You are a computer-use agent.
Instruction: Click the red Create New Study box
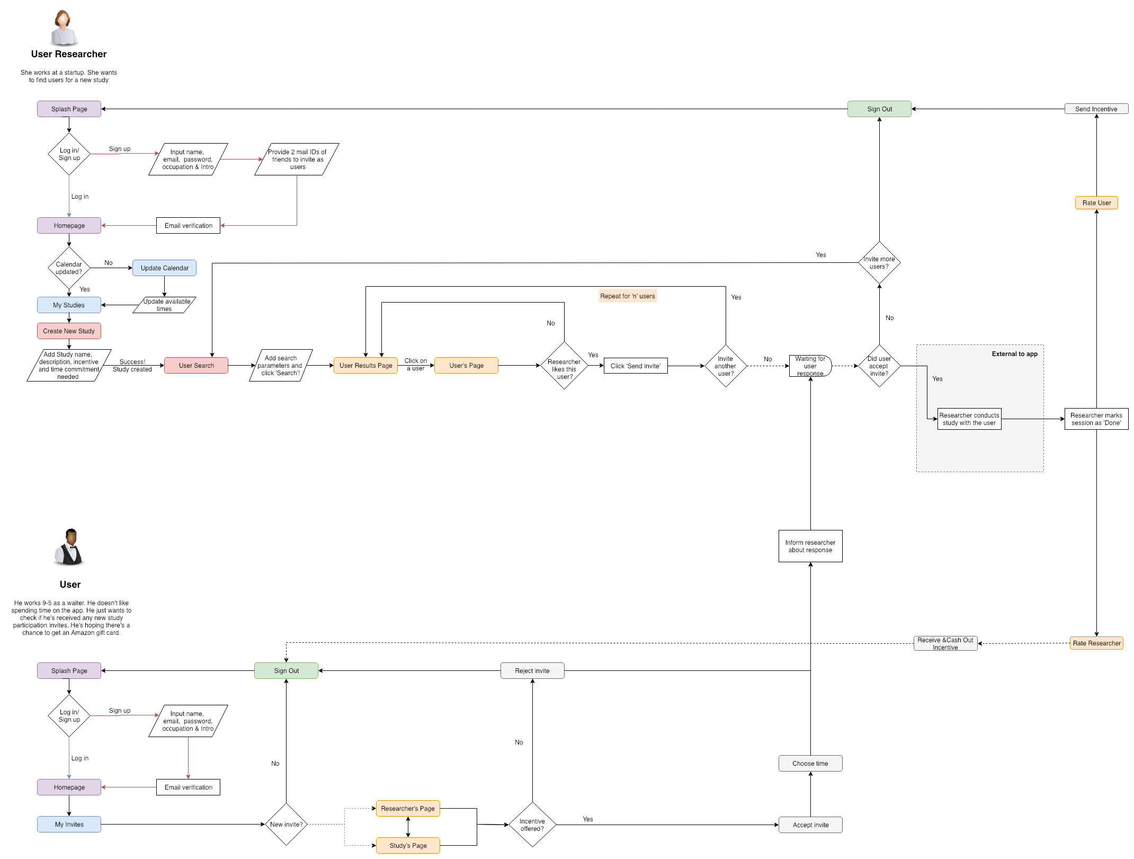69,331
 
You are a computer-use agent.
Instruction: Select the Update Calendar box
164,268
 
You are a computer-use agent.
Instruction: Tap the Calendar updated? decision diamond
69,268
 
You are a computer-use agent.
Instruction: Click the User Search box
196,366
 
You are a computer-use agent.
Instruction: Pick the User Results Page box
365,366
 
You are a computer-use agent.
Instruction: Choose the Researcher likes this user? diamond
564,366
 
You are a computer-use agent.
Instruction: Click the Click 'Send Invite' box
635,366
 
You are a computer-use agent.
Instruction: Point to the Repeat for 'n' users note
627,296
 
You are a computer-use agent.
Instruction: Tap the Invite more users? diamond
879,263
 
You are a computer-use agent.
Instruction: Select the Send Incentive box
1096,109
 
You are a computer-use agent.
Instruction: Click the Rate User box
1096,203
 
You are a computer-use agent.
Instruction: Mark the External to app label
1014,354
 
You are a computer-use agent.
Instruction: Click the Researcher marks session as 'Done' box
1096,419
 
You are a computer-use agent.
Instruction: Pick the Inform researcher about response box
810,546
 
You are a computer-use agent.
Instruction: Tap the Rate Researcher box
1096,643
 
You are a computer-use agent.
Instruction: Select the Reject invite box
532,671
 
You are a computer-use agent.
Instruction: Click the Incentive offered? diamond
532,825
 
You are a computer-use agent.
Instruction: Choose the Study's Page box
408,846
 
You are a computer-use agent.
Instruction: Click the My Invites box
69,825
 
